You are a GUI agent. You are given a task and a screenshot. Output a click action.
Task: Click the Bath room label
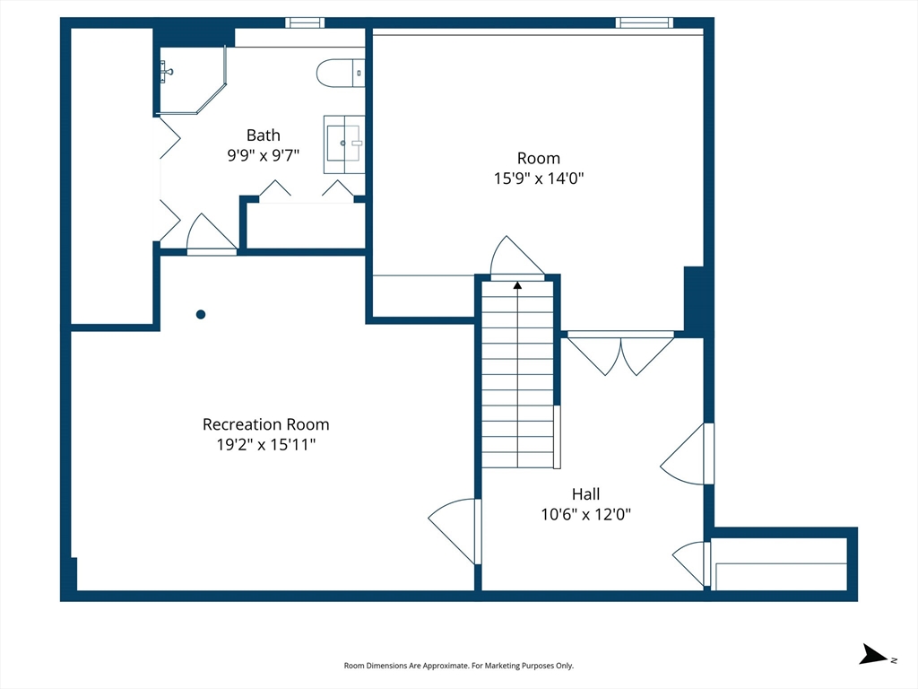tap(263, 135)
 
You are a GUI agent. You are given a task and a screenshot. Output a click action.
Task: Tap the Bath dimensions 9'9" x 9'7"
tap(264, 155)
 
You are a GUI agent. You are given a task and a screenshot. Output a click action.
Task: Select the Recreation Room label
tap(265, 424)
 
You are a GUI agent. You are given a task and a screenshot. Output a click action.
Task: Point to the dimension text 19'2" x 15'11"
tap(265, 444)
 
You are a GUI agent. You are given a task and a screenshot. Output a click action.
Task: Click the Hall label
tap(586, 494)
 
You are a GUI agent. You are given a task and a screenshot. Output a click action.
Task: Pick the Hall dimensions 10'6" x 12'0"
tap(586, 514)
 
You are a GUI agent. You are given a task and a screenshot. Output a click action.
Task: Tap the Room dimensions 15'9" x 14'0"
tap(539, 179)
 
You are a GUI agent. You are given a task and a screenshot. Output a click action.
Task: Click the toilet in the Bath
tap(341, 74)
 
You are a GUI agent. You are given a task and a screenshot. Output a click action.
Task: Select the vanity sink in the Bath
tap(344, 144)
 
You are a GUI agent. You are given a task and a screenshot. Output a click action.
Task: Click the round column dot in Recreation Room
tap(201, 315)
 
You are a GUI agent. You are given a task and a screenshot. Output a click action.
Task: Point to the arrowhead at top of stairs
tap(517, 285)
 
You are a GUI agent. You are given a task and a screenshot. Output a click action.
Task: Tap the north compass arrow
tap(873, 654)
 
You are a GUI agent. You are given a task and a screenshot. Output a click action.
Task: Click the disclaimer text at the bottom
tap(458, 666)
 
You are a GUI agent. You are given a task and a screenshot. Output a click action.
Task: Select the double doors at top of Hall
tap(620, 353)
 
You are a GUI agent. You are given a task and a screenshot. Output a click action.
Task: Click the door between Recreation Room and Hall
tap(455, 531)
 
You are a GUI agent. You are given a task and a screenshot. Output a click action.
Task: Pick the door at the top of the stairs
tap(517, 258)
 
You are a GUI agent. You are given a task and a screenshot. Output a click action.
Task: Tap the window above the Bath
tap(305, 22)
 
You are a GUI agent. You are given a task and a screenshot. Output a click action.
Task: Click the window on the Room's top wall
tap(644, 22)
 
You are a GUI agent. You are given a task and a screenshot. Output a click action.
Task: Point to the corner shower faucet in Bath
tap(167, 72)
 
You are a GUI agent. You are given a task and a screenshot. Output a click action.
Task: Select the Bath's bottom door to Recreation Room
tap(212, 234)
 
